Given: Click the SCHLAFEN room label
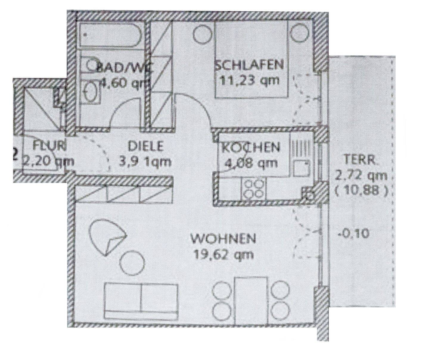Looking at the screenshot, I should point(249,65).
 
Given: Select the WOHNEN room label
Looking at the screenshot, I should point(223,239).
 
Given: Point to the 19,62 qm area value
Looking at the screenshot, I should point(223,254).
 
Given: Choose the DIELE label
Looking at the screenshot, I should point(146,146).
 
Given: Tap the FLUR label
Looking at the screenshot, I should point(49,146).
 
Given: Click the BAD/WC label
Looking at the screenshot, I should point(125,68).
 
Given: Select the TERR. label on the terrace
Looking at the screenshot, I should point(360,160).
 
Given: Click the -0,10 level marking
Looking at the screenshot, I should point(354,233).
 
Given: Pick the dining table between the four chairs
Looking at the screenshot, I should point(251,300).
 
